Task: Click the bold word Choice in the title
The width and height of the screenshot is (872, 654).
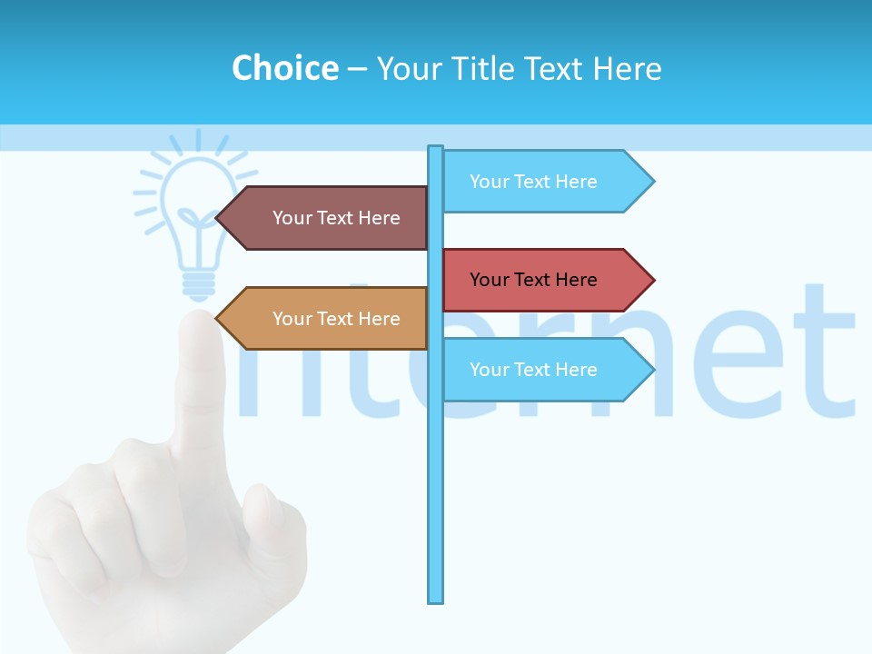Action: pyautogui.click(x=284, y=68)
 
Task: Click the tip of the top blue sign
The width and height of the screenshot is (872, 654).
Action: pyautogui.click(x=651, y=182)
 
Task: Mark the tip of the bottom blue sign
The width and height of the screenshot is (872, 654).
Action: pyautogui.click(x=651, y=370)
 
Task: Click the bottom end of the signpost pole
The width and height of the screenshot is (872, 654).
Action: pyautogui.click(x=436, y=599)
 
